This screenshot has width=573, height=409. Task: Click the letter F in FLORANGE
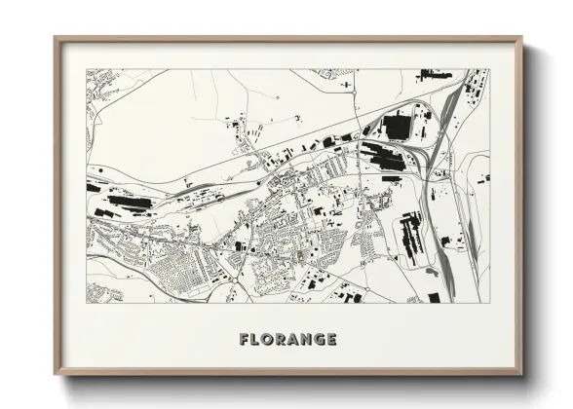(245, 340)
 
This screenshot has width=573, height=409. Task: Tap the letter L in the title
(256, 340)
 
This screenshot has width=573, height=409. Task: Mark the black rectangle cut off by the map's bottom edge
(435, 298)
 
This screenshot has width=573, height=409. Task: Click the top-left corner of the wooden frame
(56, 38)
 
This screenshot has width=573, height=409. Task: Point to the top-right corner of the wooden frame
(521, 38)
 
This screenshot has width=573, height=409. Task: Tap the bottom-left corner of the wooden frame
(56, 375)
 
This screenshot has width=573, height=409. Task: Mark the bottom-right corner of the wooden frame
(521, 375)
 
